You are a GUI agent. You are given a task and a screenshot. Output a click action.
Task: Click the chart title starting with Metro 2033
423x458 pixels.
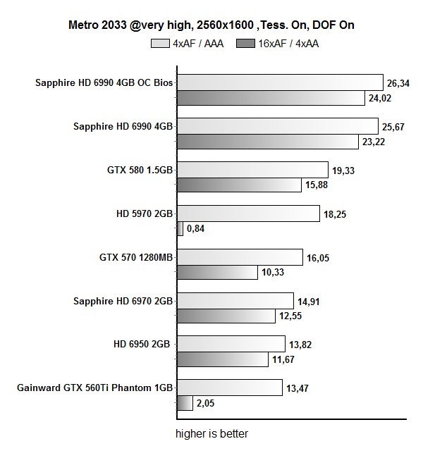[211, 25]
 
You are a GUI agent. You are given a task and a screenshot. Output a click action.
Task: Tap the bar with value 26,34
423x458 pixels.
[278, 83]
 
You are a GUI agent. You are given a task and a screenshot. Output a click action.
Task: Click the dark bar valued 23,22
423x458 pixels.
[266, 142]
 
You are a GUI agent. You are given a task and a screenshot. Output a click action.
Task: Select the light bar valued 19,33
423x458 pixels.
[251, 170]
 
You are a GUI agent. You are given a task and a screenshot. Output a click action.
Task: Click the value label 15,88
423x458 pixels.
[317, 186]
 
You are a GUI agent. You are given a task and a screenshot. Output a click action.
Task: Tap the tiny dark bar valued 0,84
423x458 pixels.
[179, 229]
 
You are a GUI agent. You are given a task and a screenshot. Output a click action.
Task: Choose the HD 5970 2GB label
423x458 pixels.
[144, 213]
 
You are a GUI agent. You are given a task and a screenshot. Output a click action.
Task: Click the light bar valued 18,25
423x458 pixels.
[247, 213]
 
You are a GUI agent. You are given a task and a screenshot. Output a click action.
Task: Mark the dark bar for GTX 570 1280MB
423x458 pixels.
[216, 273]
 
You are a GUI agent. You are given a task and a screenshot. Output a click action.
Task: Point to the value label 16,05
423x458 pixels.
[318, 258]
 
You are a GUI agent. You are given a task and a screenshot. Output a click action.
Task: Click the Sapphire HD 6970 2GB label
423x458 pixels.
[123, 301]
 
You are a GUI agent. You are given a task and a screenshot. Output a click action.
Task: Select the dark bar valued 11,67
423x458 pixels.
[221, 359]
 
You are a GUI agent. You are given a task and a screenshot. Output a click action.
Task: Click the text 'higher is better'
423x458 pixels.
[211, 434]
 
